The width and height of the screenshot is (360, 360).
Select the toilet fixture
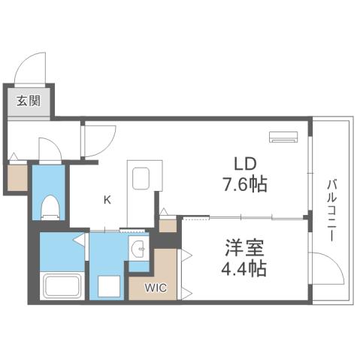(x=50, y=206)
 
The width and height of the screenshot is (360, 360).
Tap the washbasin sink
(x=139, y=250)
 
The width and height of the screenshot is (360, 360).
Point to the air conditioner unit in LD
(x=284, y=138)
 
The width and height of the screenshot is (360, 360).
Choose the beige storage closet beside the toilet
(x=17, y=177)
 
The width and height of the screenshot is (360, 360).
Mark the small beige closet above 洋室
(x=168, y=224)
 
